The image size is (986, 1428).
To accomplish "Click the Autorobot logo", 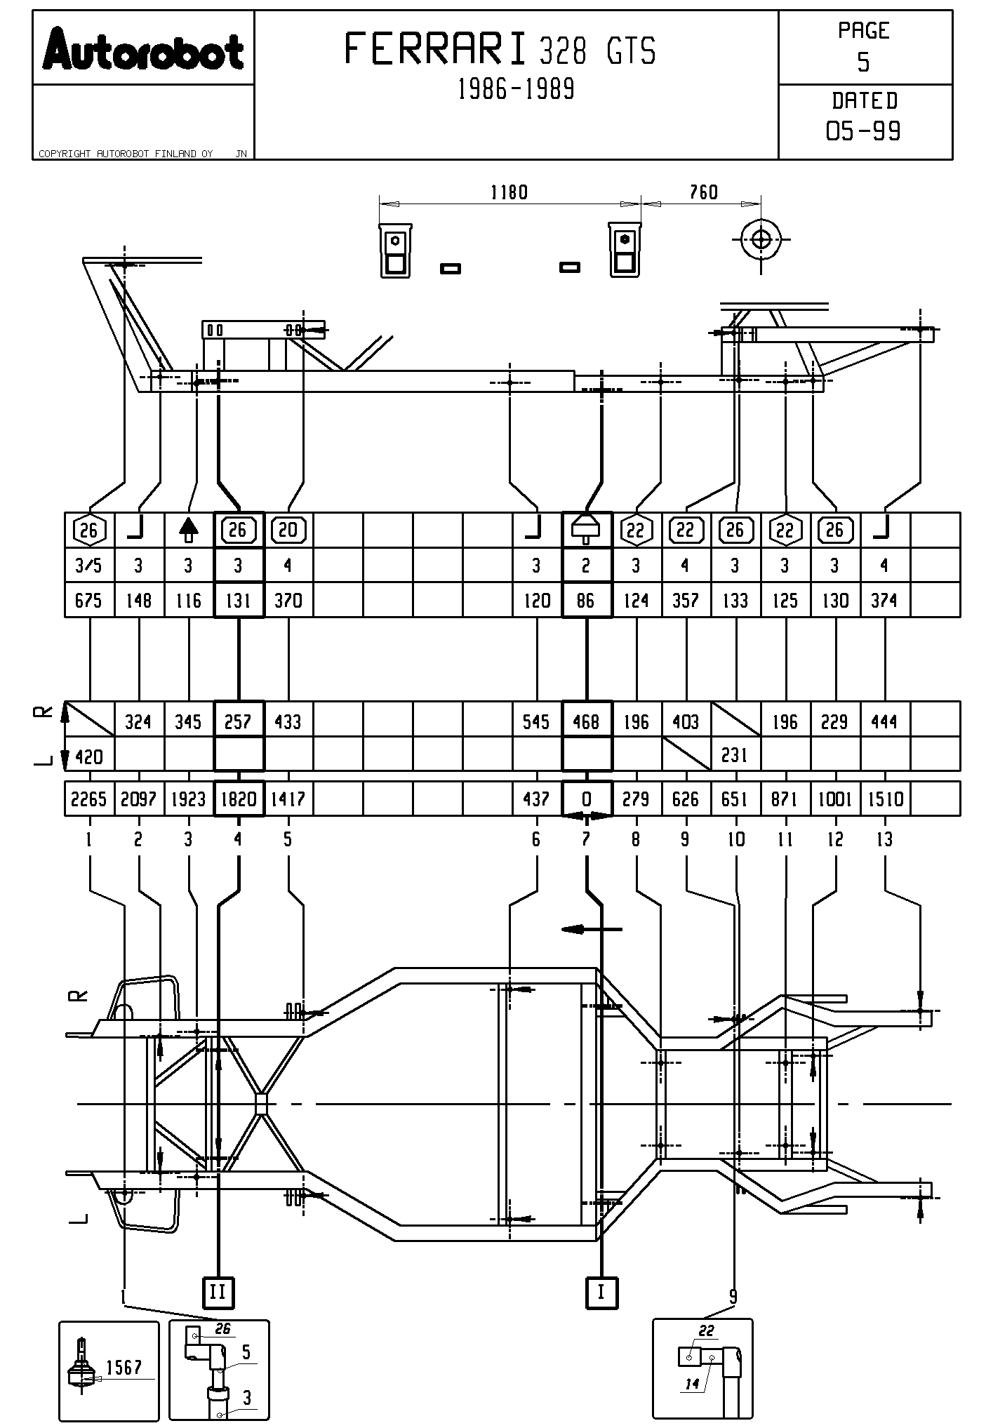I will click(x=143, y=49).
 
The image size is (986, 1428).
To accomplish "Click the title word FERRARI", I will click(x=435, y=50).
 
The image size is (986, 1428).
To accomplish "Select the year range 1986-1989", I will click(x=516, y=89).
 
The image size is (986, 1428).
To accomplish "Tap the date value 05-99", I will click(x=863, y=131).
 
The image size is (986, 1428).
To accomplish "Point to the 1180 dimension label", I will click(x=509, y=192).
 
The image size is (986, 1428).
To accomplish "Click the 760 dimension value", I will click(x=703, y=192).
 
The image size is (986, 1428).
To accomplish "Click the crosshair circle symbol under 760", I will click(x=761, y=239).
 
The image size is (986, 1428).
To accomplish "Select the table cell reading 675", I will click(x=89, y=601).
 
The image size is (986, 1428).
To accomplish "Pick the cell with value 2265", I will click(x=89, y=799).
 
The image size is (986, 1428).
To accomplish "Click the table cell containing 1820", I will click(x=239, y=799).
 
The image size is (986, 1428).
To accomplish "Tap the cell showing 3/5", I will click(x=89, y=566).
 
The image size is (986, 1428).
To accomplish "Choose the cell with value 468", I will click(x=586, y=721).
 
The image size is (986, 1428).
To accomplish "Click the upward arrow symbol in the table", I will click(x=188, y=530).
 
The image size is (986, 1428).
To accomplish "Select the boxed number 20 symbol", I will click(x=288, y=530).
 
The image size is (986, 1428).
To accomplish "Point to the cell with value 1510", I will click(x=885, y=799).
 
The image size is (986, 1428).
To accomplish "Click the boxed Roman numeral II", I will click(x=218, y=1292).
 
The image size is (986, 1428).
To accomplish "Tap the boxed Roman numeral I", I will click(x=601, y=1292).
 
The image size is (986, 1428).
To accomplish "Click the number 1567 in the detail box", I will click(x=124, y=1367).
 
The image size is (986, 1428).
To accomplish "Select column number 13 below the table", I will click(x=885, y=839).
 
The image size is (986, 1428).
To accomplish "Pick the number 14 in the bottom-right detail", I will click(x=693, y=1384).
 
